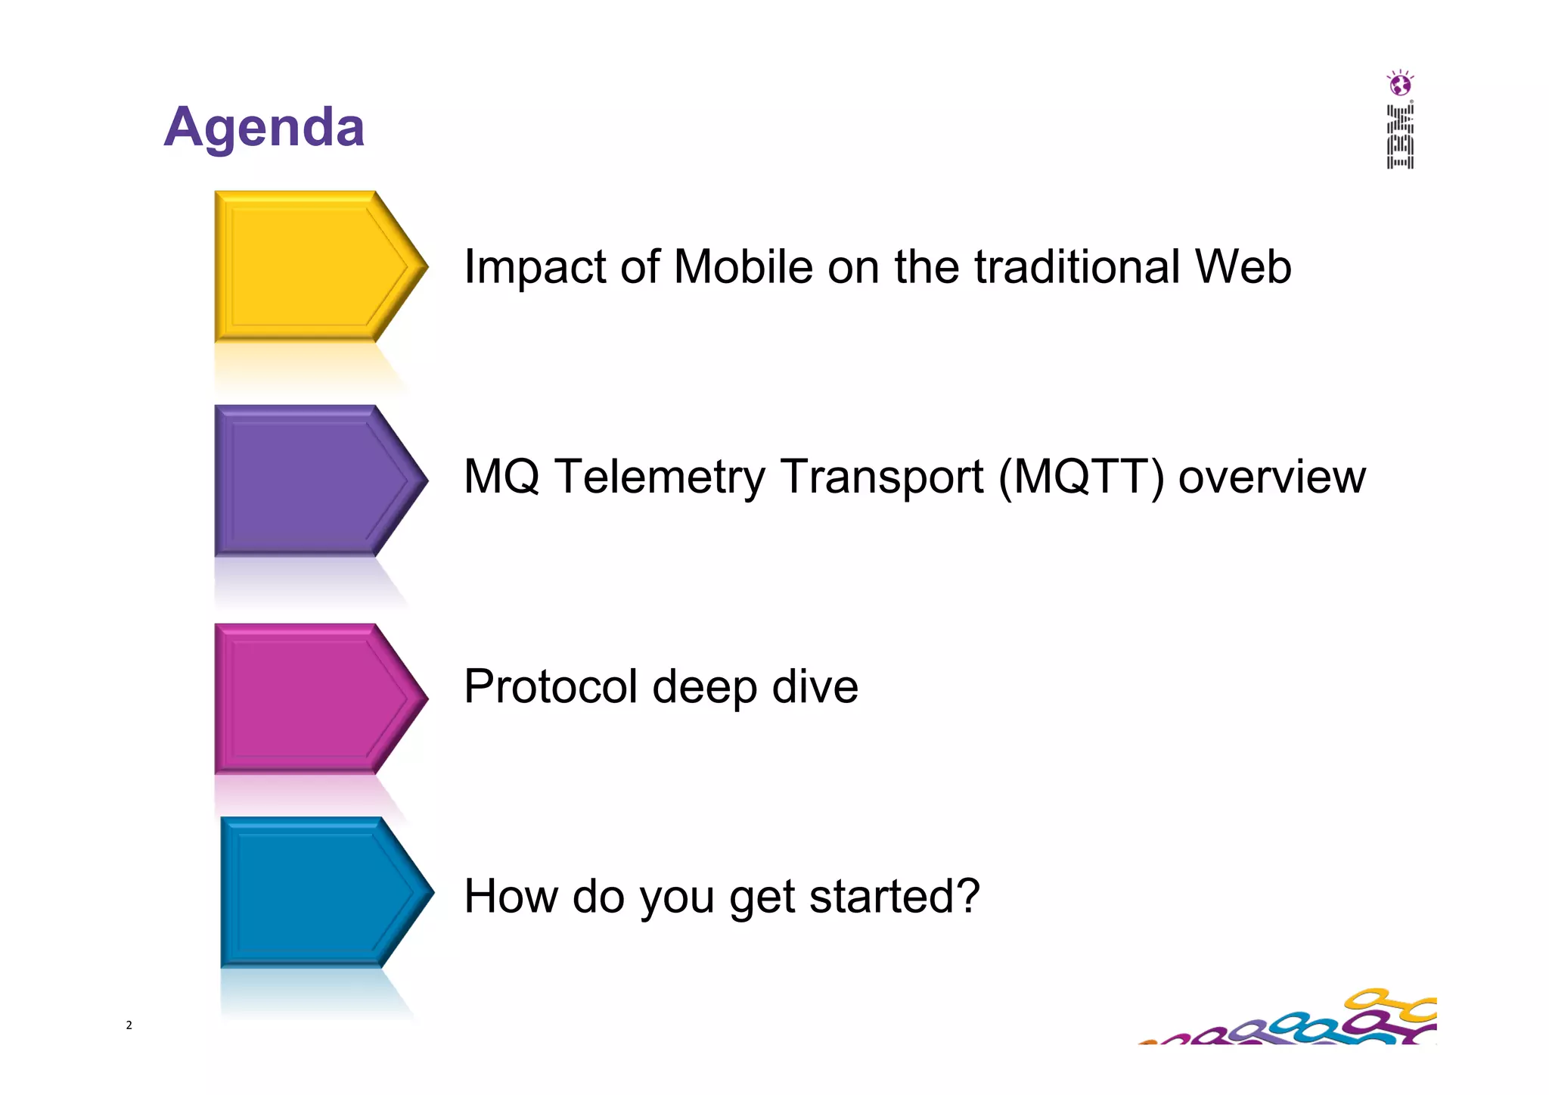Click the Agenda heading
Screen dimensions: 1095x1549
click(x=264, y=126)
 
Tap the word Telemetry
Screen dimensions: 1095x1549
click(x=660, y=477)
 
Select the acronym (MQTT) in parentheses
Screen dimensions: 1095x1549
click(x=1082, y=477)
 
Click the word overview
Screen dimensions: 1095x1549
click(x=1271, y=477)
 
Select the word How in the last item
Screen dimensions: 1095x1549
click(x=511, y=896)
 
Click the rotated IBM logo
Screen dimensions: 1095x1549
click(x=1400, y=137)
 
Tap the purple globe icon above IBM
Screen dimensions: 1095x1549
click(x=1400, y=83)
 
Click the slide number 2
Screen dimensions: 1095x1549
click(x=129, y=1025)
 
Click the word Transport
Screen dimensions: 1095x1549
click(x=881, y=477)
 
